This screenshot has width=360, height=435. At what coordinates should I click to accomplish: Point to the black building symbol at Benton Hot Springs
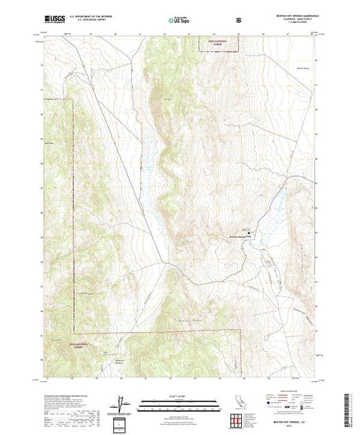point(247,232)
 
